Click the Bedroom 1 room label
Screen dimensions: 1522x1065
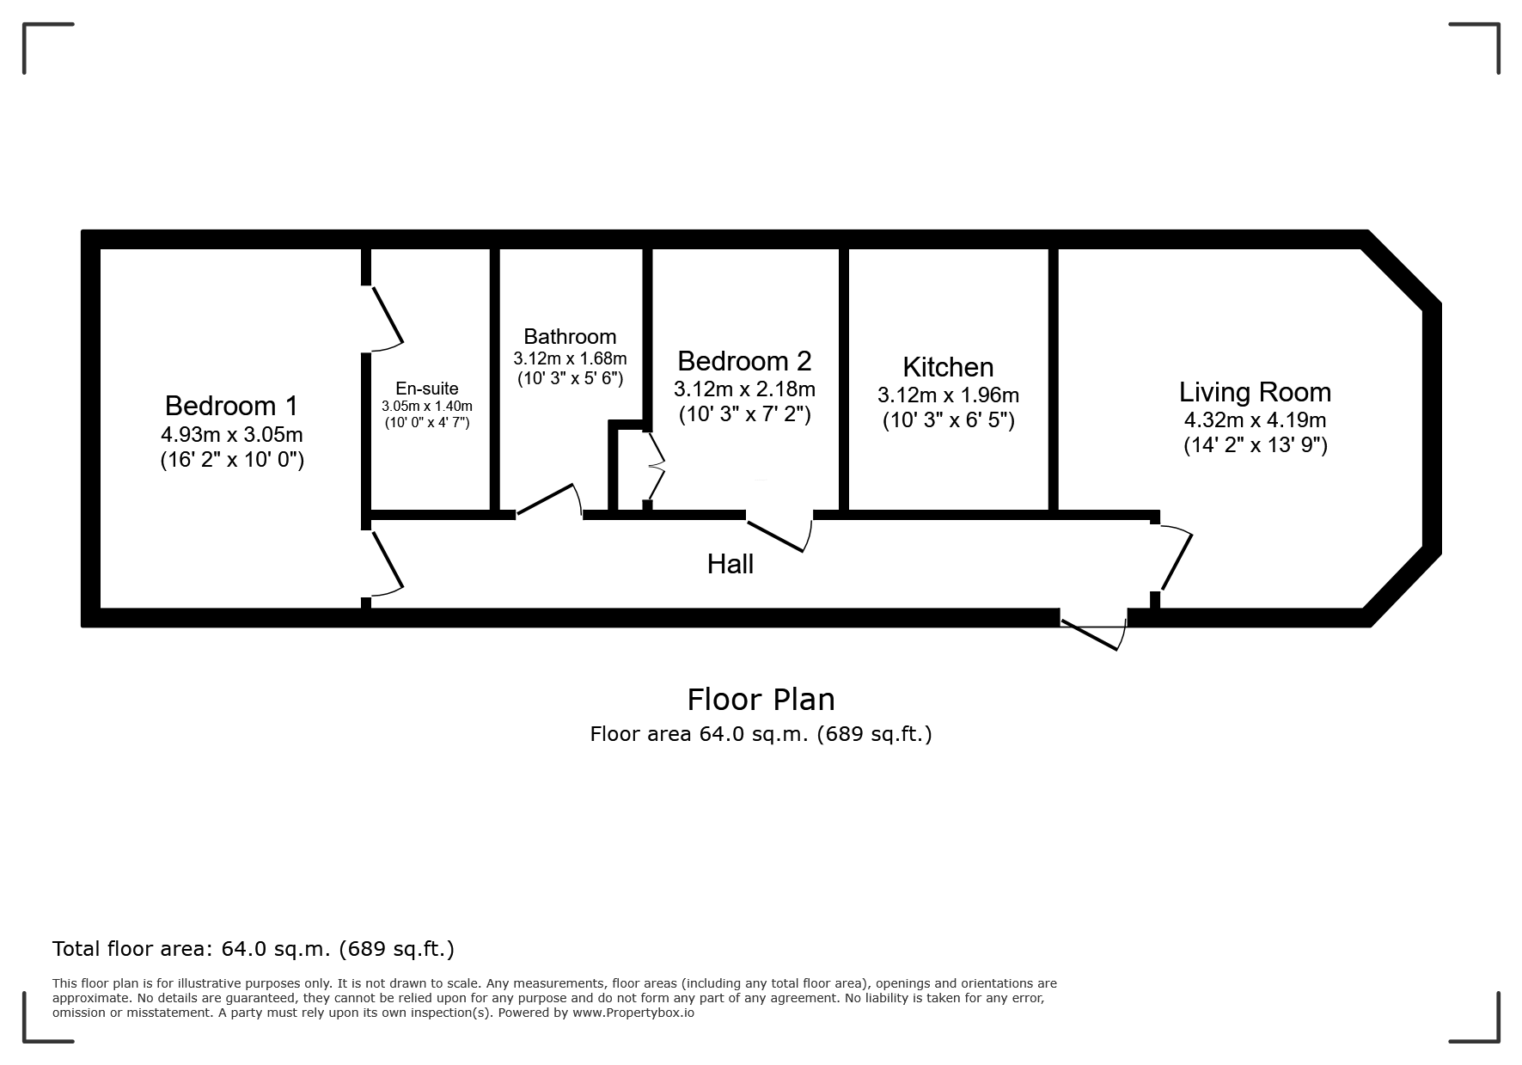point(231,405)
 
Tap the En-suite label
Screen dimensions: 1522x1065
point(427,389)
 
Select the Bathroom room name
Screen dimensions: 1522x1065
point(570,336)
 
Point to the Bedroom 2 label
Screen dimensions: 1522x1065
point(744,360)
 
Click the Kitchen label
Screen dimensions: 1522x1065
point(948,367)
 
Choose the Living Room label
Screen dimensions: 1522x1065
point(1255,392)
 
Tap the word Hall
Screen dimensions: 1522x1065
point(730,564)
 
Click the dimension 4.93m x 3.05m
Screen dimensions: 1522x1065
point(232,435)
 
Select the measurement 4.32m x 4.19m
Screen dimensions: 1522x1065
point(1255,420)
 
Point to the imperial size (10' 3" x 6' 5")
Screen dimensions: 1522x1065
point(949,420)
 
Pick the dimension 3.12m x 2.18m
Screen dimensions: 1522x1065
point(744,389)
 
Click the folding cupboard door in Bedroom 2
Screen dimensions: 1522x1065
point(655,467)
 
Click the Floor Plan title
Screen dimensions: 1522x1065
point(761,700)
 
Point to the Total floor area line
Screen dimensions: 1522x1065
point(254,949)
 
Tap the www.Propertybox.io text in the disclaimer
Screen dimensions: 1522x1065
point(633,1013)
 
